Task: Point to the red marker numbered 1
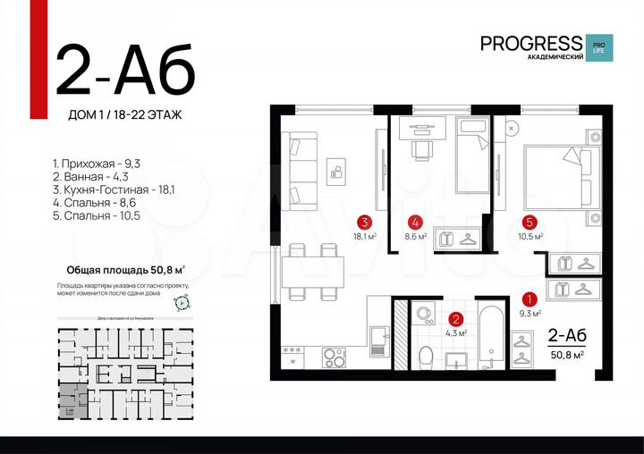pyautogui.click(x=529, y=300)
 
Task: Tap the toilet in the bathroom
pyautogui.click(x=425, y=355)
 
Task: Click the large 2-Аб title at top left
pyautogui.click(x=125, y=70)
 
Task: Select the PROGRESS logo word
pyautogui.click(x=531, y=42)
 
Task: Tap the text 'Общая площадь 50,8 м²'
pyautogui.click(x=126, y=269)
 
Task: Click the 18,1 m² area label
pyautogui.click(x=365, y=237)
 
